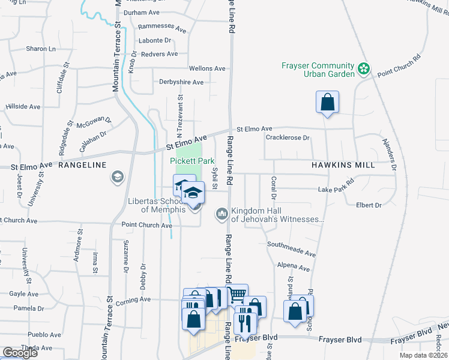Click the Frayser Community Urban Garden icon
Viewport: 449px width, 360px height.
[363, 70]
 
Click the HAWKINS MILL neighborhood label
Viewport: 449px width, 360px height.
[343, 164]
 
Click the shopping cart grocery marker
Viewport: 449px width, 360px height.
[237, 295]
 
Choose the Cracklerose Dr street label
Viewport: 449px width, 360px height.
[287, 138]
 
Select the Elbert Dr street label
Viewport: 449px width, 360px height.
[369, 205]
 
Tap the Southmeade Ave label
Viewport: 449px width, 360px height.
[291, 245]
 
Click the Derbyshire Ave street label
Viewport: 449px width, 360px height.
[181, 82]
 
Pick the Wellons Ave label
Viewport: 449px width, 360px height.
[206, 69]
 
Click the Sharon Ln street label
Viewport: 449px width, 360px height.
[40, 49]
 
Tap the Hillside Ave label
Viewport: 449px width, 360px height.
[23, 106]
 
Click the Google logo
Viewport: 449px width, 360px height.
[20, 352]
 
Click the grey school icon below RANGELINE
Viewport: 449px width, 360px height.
[117, 177]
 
